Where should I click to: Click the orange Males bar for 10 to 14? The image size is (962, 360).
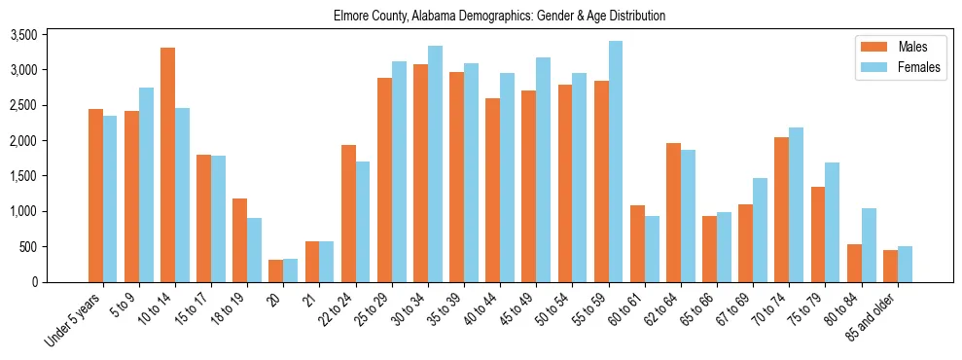click(167, 164)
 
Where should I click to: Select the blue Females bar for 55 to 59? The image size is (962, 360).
click(617, 162)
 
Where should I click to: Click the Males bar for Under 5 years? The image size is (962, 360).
click(95, 196)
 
